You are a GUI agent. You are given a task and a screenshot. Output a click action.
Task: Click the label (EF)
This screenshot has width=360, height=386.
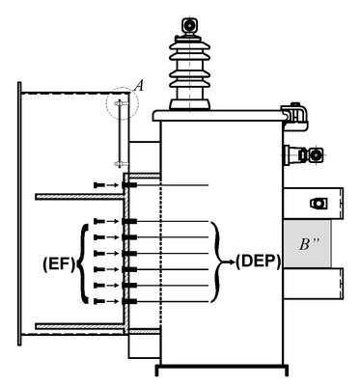point(59,264)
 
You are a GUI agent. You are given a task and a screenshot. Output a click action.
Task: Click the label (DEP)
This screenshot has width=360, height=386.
point(258,262)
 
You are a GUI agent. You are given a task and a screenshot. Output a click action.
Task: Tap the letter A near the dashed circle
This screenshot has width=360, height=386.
point(139,86)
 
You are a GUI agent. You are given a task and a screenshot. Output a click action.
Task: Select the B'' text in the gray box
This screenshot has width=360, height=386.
point(309,244)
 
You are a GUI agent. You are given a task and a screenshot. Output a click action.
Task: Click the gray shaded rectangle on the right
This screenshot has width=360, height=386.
point(307,243)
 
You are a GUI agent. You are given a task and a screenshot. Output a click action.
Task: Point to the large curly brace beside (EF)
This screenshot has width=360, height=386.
point(84,264)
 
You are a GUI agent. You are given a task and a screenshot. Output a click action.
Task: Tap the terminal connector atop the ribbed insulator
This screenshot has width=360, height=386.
point(189,26)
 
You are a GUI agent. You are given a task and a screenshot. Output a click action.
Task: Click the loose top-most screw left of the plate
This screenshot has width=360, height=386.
point(99,185)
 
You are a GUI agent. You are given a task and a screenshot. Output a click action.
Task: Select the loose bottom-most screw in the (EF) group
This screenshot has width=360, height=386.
point(99,301)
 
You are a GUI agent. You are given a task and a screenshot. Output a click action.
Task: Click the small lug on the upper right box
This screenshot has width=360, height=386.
point(318,204)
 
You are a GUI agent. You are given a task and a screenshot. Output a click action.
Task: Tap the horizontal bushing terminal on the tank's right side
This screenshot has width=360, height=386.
point(304,154)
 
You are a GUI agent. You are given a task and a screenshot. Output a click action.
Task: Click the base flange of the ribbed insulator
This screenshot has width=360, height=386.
point(190,104)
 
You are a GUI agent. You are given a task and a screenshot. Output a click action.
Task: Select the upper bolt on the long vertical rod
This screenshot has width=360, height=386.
point(121,103)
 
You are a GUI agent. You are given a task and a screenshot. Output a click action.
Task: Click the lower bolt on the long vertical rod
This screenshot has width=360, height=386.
point(121,164)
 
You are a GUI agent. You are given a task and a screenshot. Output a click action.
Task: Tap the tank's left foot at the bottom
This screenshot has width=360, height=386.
point(157,371)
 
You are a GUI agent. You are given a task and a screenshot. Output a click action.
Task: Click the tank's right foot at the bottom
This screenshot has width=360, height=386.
point(286,371)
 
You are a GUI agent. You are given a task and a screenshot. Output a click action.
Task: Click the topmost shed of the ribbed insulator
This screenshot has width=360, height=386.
point(190,44)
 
